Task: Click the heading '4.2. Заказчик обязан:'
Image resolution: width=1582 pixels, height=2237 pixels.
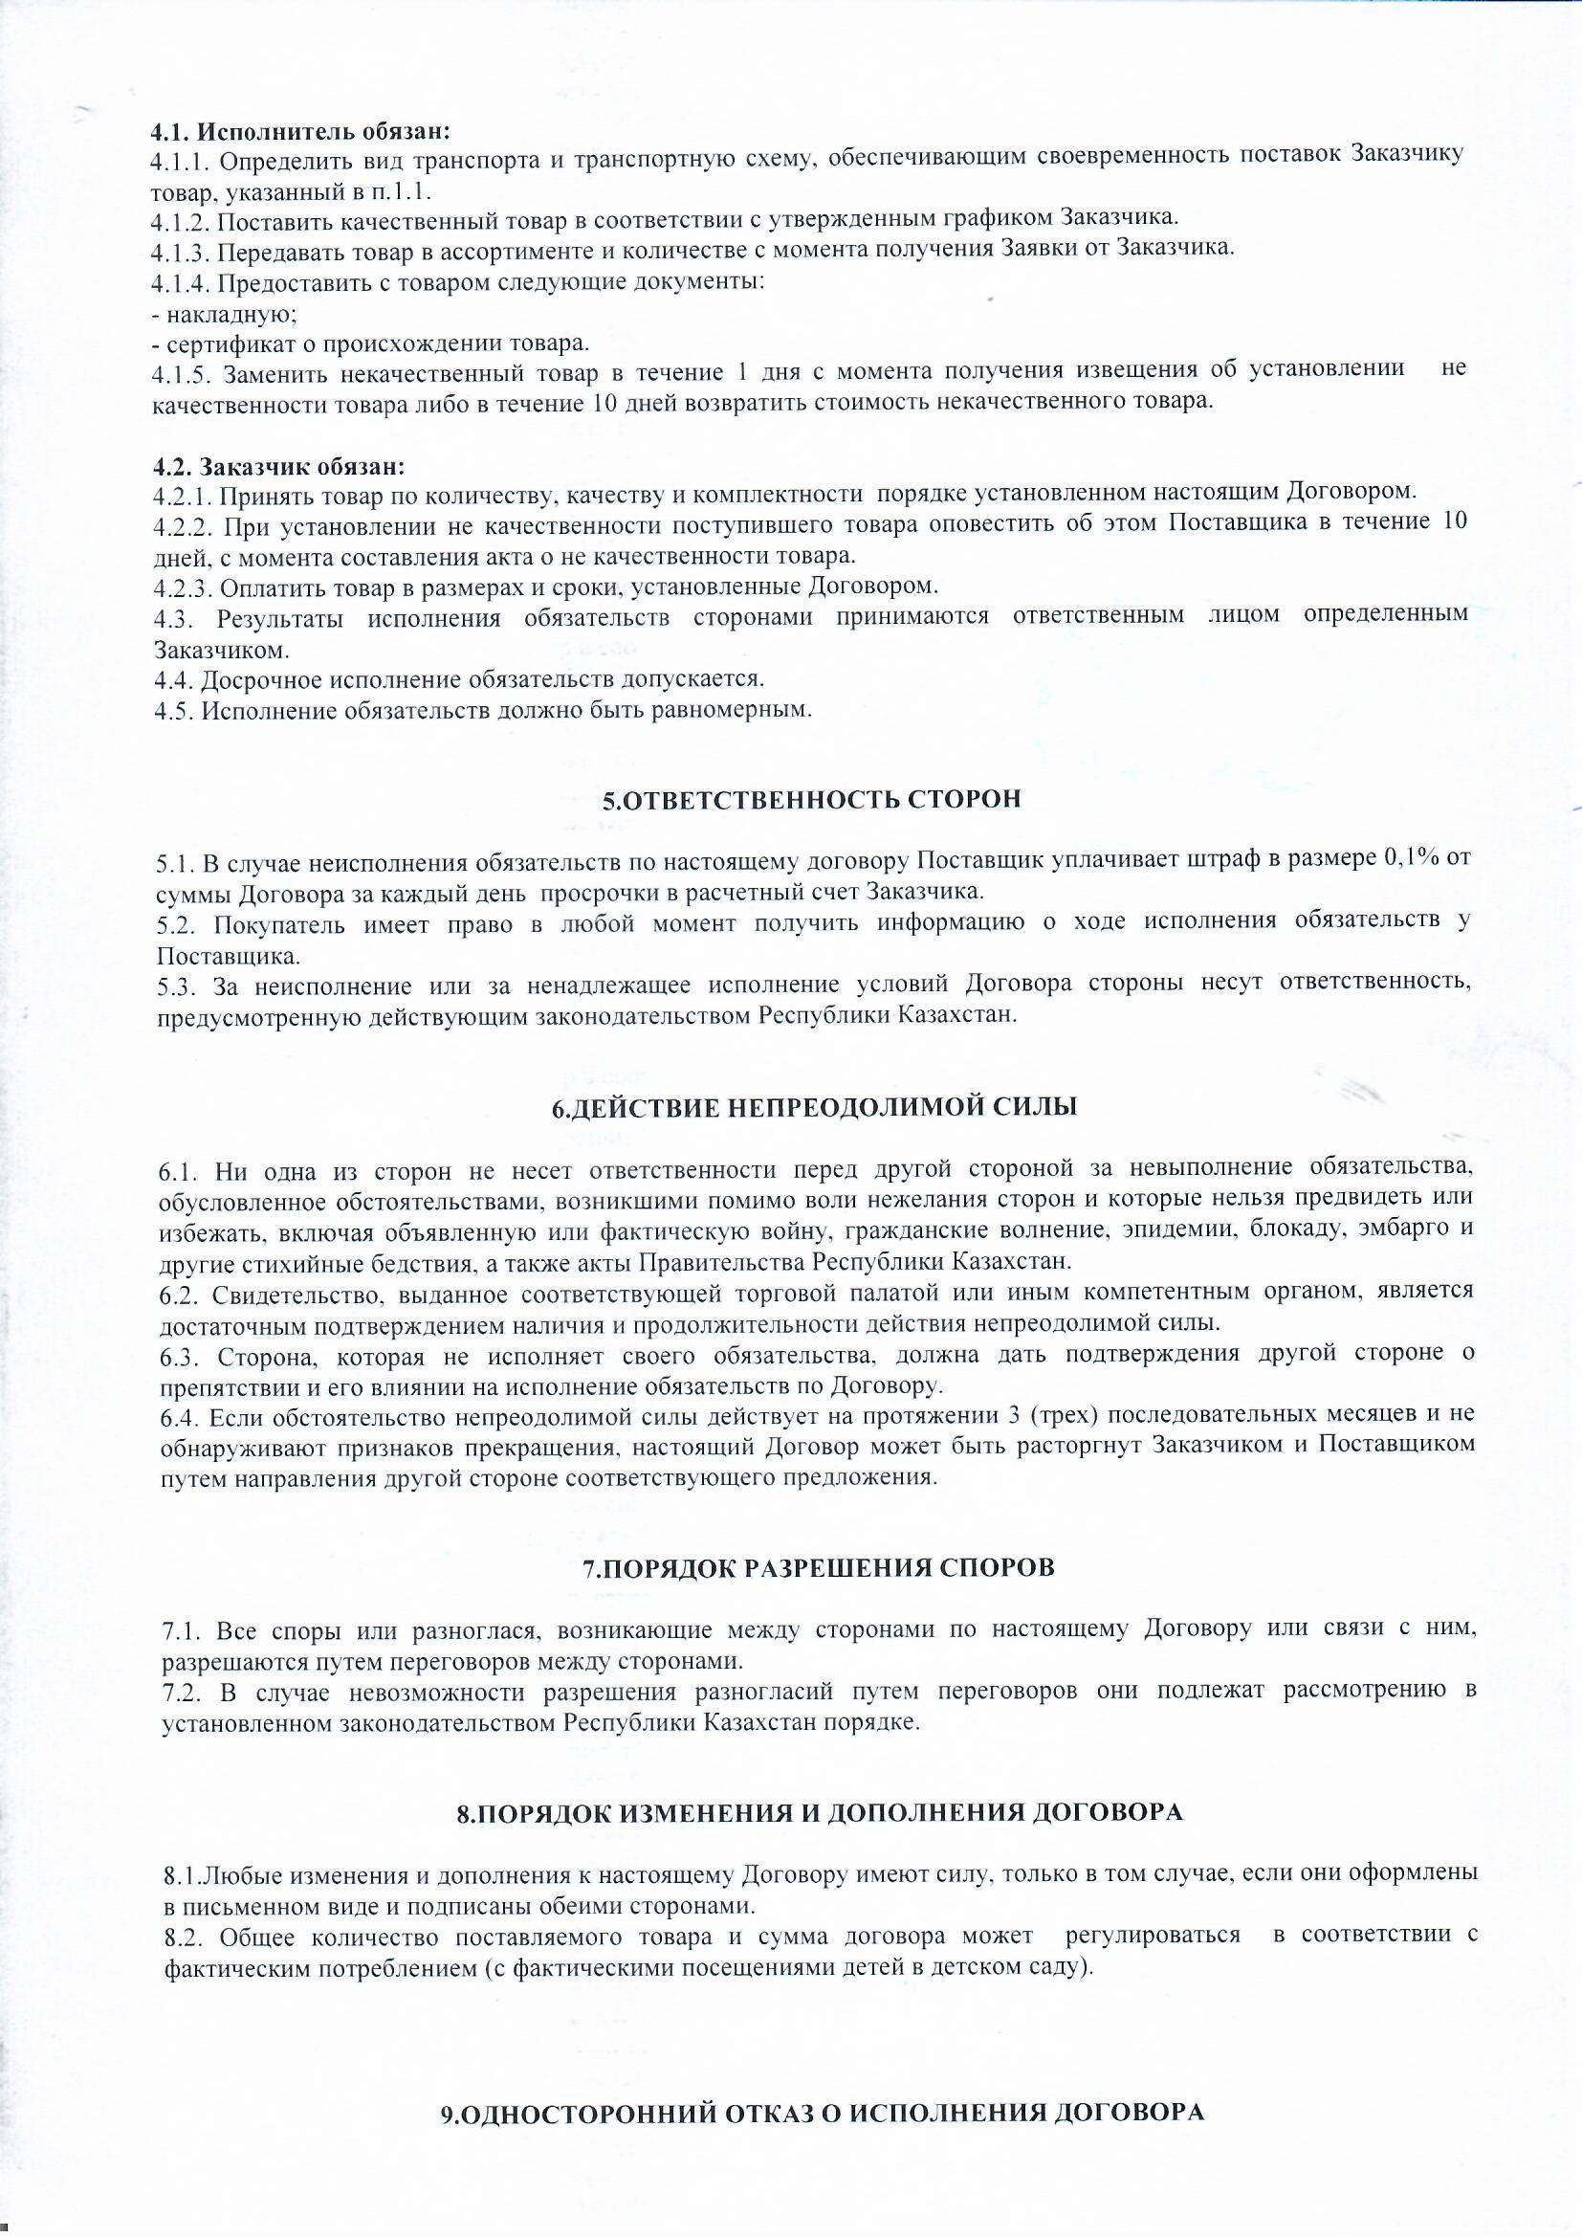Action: click(x=277, y=467)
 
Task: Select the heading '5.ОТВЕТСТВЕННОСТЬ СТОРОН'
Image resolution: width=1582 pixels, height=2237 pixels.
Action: click(x=811, y=800)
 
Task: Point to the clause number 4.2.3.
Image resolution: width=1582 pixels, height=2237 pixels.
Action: click(x=182, y=587)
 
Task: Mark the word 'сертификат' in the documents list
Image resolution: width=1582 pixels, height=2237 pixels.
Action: click(x=225, y=343)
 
